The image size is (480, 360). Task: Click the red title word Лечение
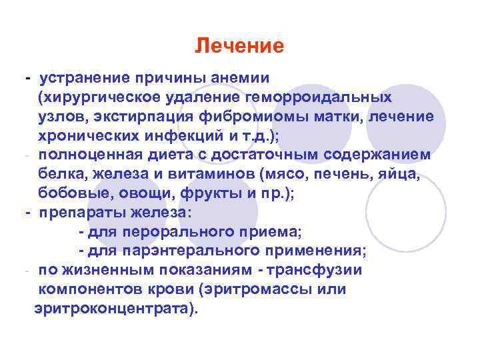pyautogui.click(x=239, y=46)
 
